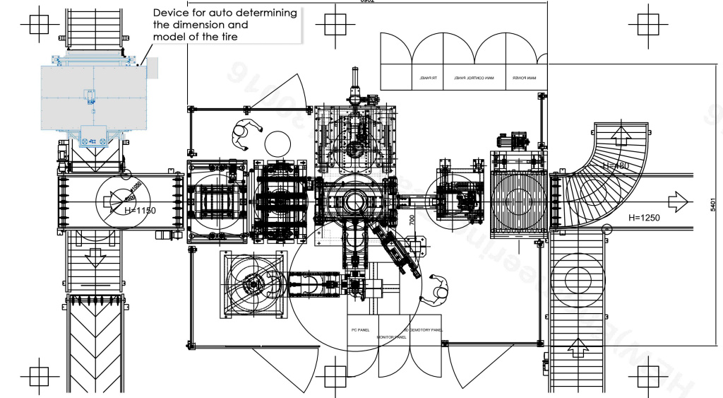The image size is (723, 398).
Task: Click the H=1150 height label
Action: (x=140, y=211)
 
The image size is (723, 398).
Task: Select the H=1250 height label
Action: (x=644, y=218)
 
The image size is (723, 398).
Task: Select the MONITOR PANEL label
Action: (x=392, y=337)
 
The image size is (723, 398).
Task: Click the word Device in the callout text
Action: (x=172, y=13)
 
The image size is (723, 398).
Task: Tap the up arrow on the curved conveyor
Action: (x=621, y=134)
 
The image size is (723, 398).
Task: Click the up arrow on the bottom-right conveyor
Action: (x=578, y=347)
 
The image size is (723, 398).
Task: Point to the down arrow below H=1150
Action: (x=92, y=257)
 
